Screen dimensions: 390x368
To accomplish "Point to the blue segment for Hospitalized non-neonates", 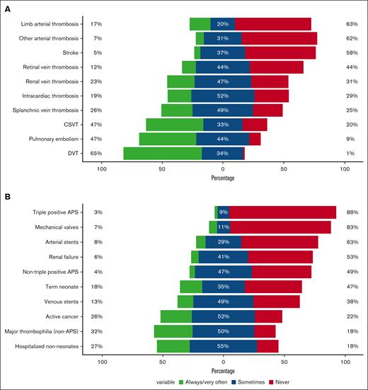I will [x=223, y=346].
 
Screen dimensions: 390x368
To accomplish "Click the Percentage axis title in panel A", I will [x=223, y=178].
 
